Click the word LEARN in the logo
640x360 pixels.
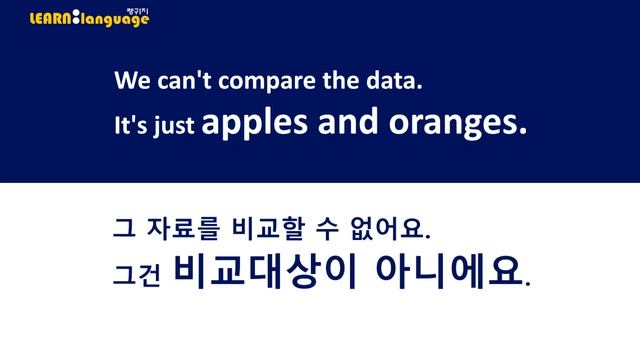51,18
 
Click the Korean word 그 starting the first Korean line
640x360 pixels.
122,230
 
